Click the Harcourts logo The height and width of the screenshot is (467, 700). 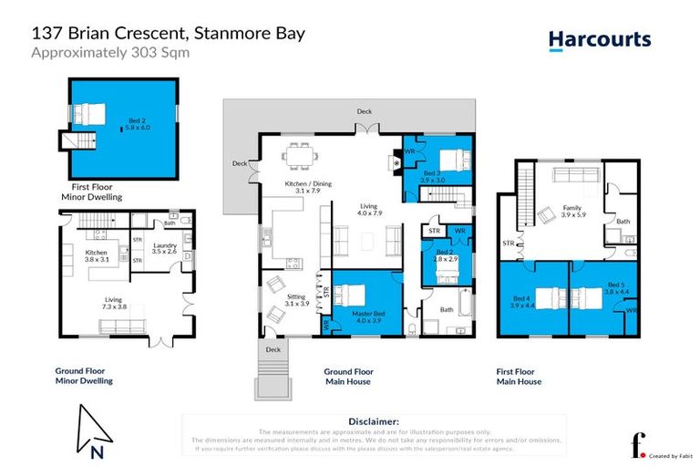pos(599,39)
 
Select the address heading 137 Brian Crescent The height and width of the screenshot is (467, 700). pos(169,34)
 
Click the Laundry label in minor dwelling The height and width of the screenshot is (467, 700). pos(164,248)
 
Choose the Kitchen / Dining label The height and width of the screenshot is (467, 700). pos(308,186)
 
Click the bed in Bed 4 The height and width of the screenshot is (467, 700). pos(545,299)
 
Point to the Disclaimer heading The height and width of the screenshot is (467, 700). pos(374,421)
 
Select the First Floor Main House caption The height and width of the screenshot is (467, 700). pos(519,377)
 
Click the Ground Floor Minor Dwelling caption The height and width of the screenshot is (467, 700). pos(83,377)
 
